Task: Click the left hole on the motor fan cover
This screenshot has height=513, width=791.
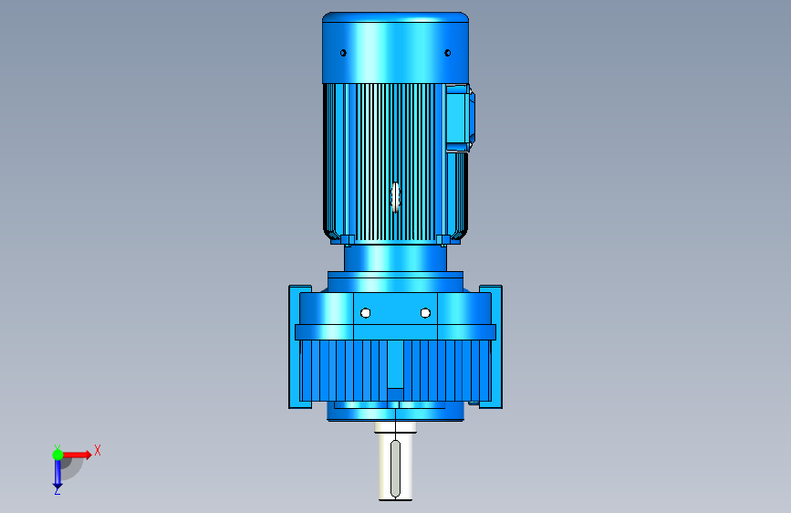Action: click(343, 53)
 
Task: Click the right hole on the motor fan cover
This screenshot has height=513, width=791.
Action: click(447, 53)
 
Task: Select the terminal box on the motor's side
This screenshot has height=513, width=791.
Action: click(460, 118)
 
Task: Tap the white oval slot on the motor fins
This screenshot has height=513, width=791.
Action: click(396, 197)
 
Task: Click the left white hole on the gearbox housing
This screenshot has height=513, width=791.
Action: click(366, 314)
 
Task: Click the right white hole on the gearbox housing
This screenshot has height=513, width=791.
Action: click(425, 314)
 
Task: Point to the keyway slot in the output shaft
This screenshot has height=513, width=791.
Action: click(396, 469)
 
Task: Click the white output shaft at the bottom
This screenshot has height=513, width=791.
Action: click(396, 461)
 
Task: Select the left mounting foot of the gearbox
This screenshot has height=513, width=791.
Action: click(298, 347)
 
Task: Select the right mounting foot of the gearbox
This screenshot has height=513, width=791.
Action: click(492, 347)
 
